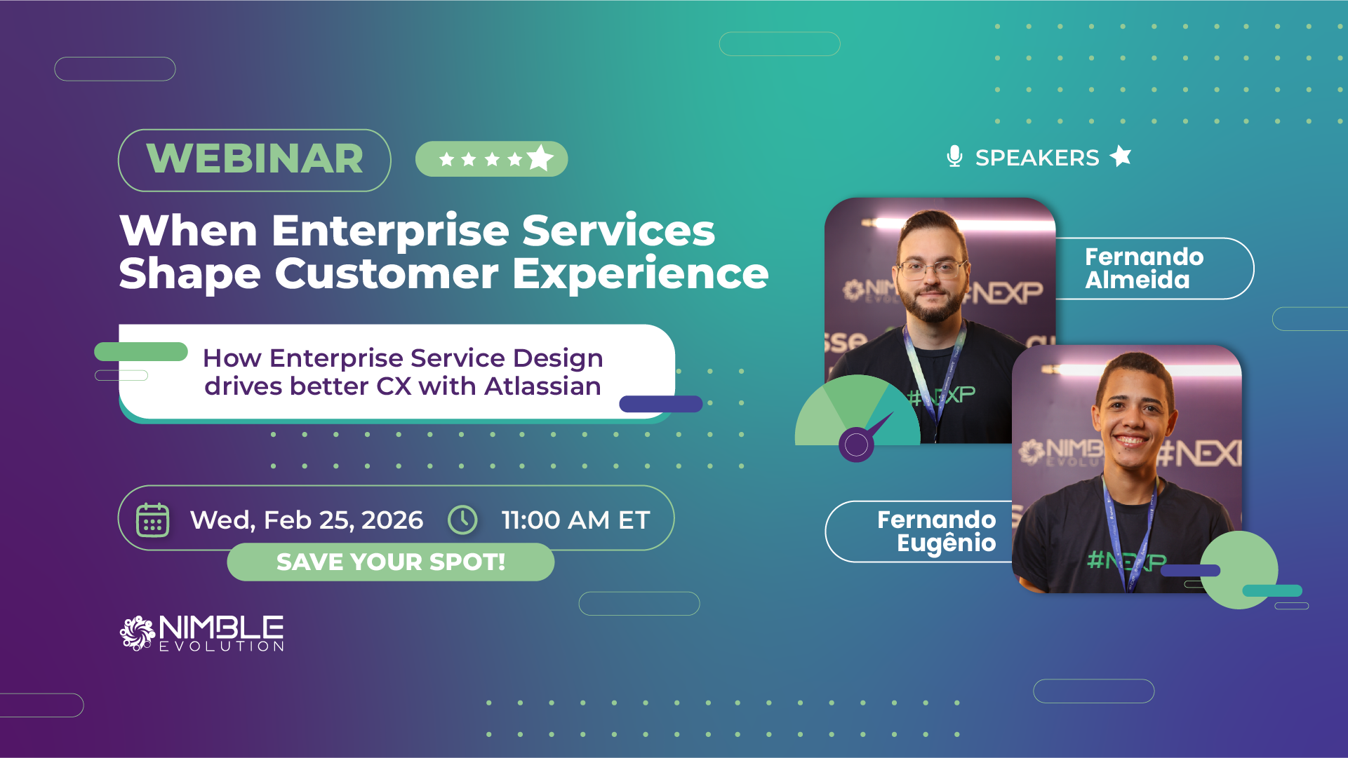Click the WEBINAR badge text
pos(255,158)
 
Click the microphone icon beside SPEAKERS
pos(954,156)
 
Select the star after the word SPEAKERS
pos(1121,156)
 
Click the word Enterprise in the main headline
pos(390,232)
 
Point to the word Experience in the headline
pos(641,274)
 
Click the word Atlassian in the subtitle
pos(542,386)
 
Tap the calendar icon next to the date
pos(152,520)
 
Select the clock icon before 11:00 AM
pos(462,520)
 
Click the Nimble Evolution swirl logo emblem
pos(137,633)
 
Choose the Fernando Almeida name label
pos(1144,269)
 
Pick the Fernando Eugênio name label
pos(936,532)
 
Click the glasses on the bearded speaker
pos(931,269)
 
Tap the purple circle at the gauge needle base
pos(856,444)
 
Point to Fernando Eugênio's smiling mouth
pos(1130,440)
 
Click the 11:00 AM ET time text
pos(575,520)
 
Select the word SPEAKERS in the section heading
pos(1037,158)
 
